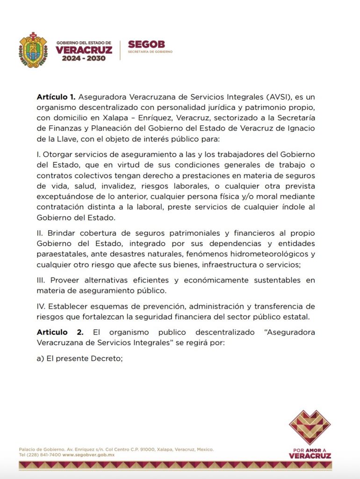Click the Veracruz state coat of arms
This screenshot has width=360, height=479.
pyautogui.click(x=33, y=50)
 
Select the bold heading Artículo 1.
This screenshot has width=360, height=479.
pyautogui.click(x=56, y=97)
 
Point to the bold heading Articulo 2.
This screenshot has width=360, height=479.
pyautogui.click(x=60, y=332)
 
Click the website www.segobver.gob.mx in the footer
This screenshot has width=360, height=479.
pyautogui.click(x=88, y=455)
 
